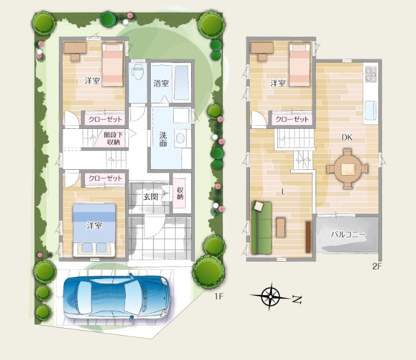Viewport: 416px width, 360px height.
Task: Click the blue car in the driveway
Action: (117, 297)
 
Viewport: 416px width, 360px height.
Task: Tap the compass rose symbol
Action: (270, 296)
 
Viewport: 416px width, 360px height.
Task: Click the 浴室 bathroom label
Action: (161, 83)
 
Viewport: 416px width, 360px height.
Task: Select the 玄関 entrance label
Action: (151, 197)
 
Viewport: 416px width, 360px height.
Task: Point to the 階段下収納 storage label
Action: (113, 139)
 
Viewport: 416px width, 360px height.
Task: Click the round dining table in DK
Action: (347, 169)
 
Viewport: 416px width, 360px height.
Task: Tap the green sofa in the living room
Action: (261, 228)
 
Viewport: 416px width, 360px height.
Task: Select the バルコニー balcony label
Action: (348, 235)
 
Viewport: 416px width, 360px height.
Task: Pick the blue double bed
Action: (94, 230)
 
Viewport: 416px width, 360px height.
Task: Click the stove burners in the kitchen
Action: (371, 73)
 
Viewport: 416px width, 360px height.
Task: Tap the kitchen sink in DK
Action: (371, 110)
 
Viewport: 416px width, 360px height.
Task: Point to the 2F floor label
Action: (377, 266)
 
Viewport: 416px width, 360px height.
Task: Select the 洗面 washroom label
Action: (163, 139)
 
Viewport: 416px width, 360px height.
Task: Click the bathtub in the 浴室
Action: (181, 82)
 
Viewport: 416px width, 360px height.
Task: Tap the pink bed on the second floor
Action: (300, 64)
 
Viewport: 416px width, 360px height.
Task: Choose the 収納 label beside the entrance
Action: (180, 193)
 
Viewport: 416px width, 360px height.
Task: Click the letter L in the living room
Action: (284, 192)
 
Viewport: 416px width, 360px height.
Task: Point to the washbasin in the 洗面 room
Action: (180, 139)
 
